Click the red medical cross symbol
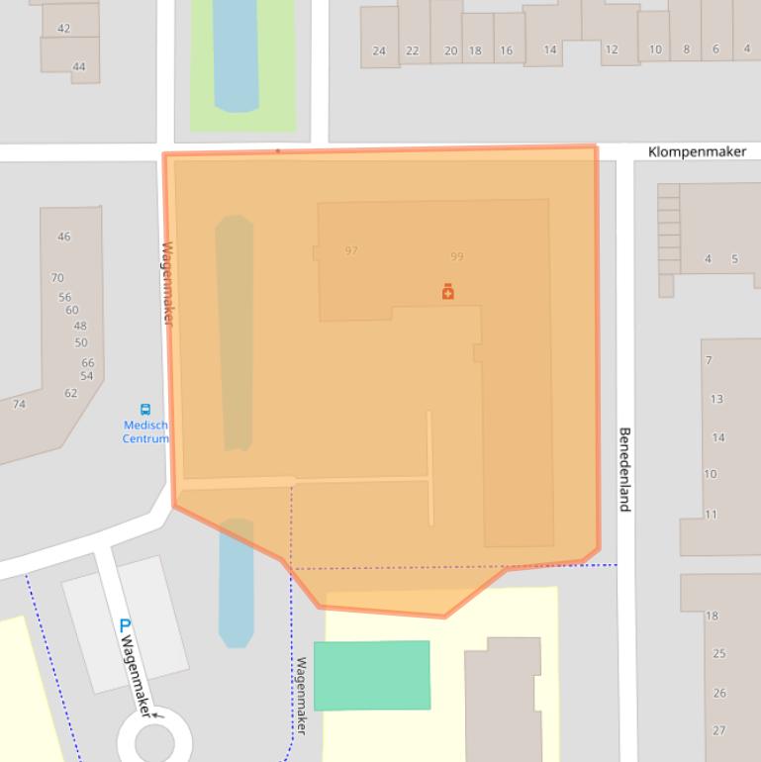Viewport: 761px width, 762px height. pyautogui.click(x=447, y=291)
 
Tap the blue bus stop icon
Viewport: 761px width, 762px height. pyautogui.click(x=145, y=410)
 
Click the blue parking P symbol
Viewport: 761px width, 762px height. pyautogui.click(x=124, y=625)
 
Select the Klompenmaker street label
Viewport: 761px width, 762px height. pyautogui.click(x=704, y=151)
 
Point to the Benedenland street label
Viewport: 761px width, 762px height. pyautogui.click(x=625, y=469)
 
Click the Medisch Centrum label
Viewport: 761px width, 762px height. pyautogui.click(x=145, y=431)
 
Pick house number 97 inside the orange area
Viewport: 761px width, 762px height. pyautogui.click(x=351, y=250)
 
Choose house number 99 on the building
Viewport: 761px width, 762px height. pyautogui.click(x=456, y=256)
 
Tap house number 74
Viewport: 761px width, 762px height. pyautogui.click(x=19, y=404)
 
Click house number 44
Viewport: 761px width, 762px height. pyautogui.click(x=79, y=67)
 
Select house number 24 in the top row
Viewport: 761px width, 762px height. pyautogui.click(x=379, y=50)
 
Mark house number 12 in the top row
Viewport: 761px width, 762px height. pyautogui.click(x=611, y=49)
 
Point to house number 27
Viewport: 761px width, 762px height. pyautogui.click(x=718, y=730)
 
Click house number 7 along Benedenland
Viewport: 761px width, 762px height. pyautogui.click(x=709, y=360)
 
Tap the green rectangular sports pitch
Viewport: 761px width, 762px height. pyautogui.click(x=372, y=675)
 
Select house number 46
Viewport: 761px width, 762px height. pyautogui.click(x=64, y=237)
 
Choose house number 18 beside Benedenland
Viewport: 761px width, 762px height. pyautogui.click(x=712, y=616)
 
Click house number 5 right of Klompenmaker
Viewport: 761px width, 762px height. pyautogui.click(x=734, y=259)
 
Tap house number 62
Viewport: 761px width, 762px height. pyautogui.click(x=70, y=393)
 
